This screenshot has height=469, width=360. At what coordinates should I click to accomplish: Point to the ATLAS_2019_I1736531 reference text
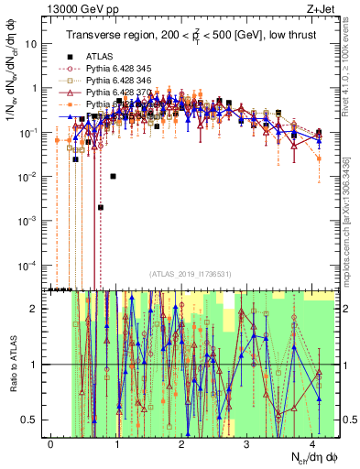coord(188,274)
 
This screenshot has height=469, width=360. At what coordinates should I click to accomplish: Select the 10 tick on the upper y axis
coord(34,43)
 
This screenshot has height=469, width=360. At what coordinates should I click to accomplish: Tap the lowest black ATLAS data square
coord(101,208)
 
